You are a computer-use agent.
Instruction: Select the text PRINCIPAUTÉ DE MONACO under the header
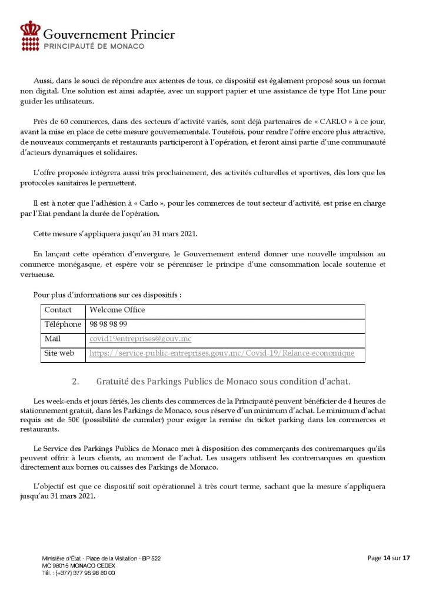[94, 46]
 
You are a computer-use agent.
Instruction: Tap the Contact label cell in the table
[58, 310]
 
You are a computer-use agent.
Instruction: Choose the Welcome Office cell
[117, 310]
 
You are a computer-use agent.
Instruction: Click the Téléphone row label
[62, 325]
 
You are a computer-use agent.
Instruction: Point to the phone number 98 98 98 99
[108, 325]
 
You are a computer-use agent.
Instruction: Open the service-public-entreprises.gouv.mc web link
[222, 353]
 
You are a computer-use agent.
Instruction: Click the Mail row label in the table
[52, 339]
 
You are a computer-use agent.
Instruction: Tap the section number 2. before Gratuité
[75, 381]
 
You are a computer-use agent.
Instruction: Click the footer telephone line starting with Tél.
[78, 571]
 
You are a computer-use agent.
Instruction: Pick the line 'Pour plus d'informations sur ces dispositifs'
[107, 295]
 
